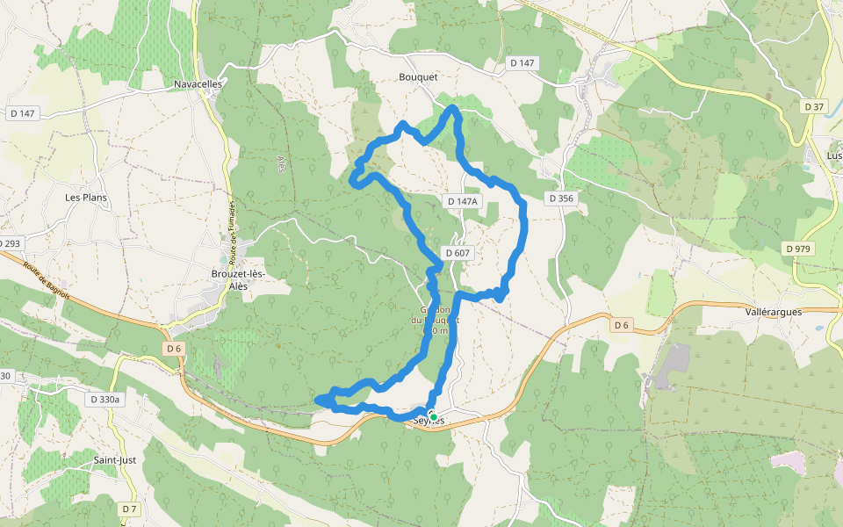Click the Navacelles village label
[x=198, y=83]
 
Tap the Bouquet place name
[x=418, y=77]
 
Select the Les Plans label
[x=86, y=198]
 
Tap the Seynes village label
[x=429, y=422]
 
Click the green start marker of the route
[x=433, y=416]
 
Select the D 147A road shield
[x=464, y=201]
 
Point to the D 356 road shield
[x=561, y=199]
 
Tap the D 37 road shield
[x=814, y=106]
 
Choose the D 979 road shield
[x=797, y=249]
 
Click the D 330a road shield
[x=104, y=400]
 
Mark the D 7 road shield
[x=130, y=509]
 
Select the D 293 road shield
[x=11, y=243]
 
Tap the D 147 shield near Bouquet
[x=522, y=63]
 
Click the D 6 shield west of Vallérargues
[x=622, y=326]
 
